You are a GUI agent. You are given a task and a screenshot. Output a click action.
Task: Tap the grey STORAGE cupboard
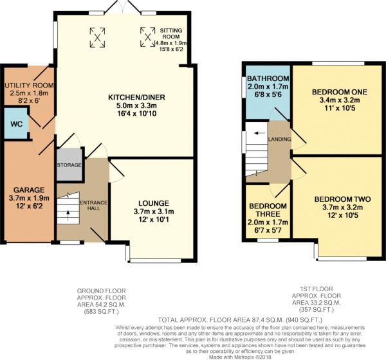(69, 164)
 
